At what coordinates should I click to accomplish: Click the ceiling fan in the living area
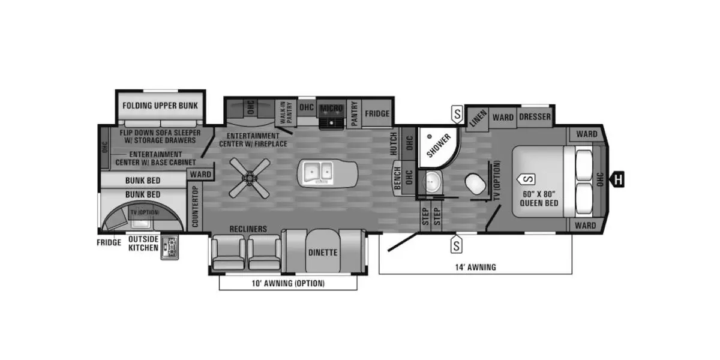point(250,178)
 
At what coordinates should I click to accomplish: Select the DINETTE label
point(323,253)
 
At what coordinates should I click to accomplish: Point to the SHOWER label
point(439,146)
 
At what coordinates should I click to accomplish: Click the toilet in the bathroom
point(475,184)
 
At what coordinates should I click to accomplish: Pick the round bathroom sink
point(433,181)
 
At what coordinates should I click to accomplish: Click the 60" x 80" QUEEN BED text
point(539,199)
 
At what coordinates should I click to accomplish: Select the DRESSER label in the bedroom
point(535,116)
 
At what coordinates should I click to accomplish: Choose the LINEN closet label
point(478,118)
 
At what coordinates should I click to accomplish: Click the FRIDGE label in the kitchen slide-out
point(377,113)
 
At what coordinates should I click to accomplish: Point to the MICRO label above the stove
point(331,109)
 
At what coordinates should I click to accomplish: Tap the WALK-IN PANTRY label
point(286,113)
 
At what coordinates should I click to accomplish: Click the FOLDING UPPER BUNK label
point(160,106)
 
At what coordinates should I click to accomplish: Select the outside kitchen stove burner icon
point(170,247)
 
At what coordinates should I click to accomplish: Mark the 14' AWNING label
point(475,267)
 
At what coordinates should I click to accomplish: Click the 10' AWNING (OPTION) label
point(288,283)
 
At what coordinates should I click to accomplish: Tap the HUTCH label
point(394,143)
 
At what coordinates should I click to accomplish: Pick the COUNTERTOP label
point(195,206)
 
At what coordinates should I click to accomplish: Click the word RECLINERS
point(248,229)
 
